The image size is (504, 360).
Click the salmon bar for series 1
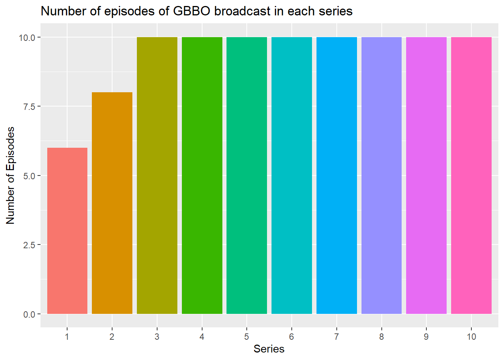(67, 231)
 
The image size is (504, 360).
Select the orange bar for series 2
(112, 203)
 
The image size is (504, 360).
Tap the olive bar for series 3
(157, 175)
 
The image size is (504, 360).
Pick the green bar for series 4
(202, 175)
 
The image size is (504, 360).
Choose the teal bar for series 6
(292, 175)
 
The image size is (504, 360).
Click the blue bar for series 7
(337, 175)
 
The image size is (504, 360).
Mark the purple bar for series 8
(381, 175)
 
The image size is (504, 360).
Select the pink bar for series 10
(471, 175)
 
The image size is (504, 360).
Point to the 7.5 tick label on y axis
(29, 107)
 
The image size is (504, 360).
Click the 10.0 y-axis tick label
(27, 37)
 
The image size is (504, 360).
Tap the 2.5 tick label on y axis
(29, 245)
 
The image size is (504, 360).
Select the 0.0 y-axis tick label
(29, 314)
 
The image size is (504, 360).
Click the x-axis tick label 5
(247, 337)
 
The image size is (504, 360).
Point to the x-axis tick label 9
(426, 337)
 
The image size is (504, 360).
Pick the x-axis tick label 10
(471, 337)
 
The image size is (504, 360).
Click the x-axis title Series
(269, 349)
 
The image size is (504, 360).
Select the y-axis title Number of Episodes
(10, 175)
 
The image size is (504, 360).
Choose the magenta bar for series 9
(426, 175)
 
